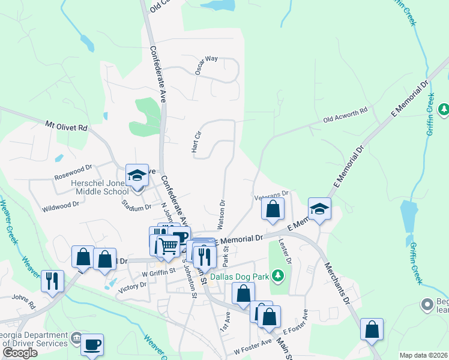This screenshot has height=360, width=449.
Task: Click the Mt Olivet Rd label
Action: tap(66, 127)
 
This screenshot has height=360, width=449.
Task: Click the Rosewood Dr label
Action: tap(72, 176)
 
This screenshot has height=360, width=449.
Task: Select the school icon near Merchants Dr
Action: tap(319, 209)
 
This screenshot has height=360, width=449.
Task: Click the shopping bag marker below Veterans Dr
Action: tap(273, 209)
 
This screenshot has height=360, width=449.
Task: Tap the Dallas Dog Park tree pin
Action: tap(276, 276)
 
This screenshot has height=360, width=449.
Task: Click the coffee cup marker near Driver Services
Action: tap(92, 345)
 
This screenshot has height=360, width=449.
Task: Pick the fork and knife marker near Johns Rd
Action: tap(52, 280)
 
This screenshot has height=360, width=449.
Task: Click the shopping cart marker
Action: tap(169, 245)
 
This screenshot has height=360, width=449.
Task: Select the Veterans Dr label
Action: tap(272, 194)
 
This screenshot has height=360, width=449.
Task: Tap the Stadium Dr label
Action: tap(136, 208)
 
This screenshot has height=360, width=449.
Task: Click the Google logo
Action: tap(20, 353)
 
